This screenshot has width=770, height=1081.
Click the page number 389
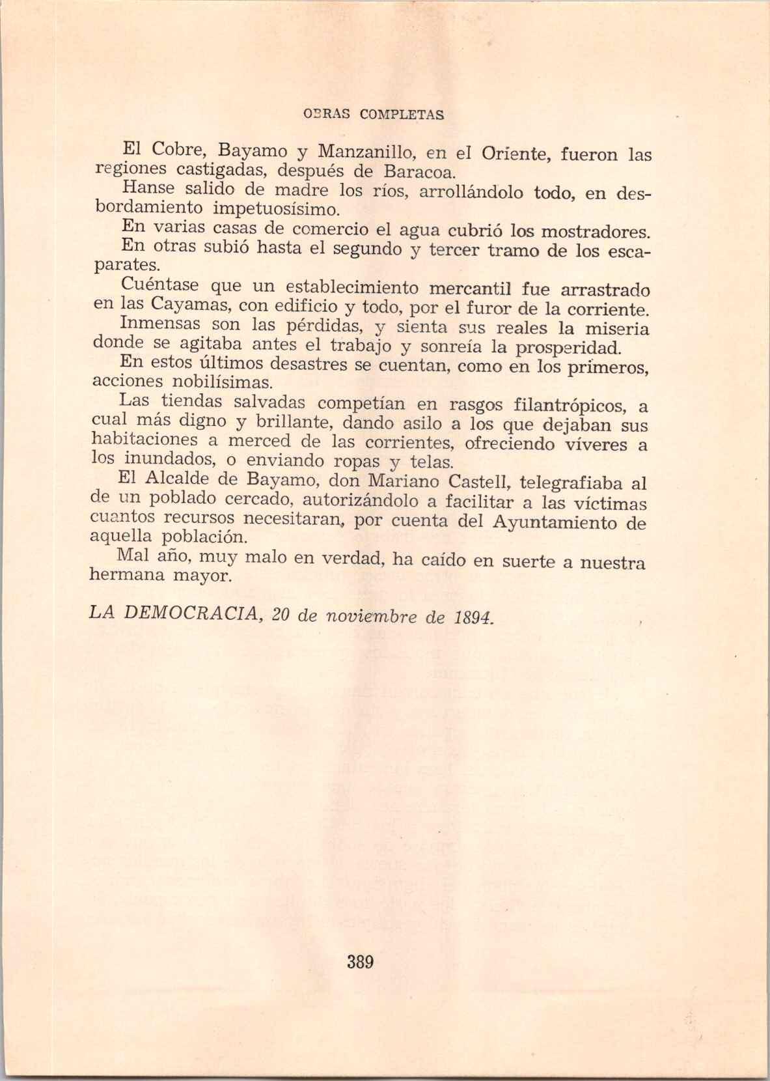pyautogui.click(x=360, y=962)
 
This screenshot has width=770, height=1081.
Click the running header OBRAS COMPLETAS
pyautogui.click(x=374, y=115)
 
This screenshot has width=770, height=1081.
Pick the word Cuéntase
pyautogui.click(x=160, y=286)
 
